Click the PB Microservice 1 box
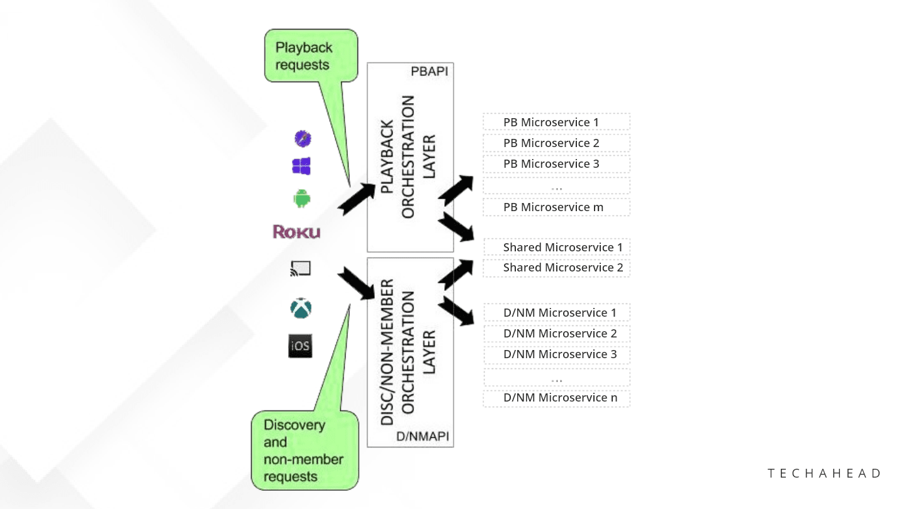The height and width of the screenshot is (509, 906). tap(556, 122)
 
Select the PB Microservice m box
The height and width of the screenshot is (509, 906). tap(556, 207)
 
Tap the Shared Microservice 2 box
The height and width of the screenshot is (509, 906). tap(556, 268)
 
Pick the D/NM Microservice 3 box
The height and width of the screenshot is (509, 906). tap(556, 354)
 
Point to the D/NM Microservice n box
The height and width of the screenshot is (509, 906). tap(556, 398)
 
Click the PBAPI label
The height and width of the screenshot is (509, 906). tap(429, 72)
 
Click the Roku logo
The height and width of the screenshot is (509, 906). tap(296, 232)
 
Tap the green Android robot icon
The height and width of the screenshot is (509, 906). tap(302, 199)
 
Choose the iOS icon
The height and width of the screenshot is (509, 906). tap(300, 346)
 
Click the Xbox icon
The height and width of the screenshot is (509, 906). tap(301, 309)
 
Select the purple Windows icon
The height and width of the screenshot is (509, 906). tap(301, 167)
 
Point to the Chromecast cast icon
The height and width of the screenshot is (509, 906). tap(301, 269)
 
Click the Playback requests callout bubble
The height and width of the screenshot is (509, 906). tap(310, 57)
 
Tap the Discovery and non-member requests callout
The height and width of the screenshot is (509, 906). tap(305, 450)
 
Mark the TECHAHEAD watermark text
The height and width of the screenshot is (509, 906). tap(824, 474)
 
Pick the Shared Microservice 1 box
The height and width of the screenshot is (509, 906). tap(556, 247)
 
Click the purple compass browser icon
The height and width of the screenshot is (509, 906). tap(303, 138)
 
